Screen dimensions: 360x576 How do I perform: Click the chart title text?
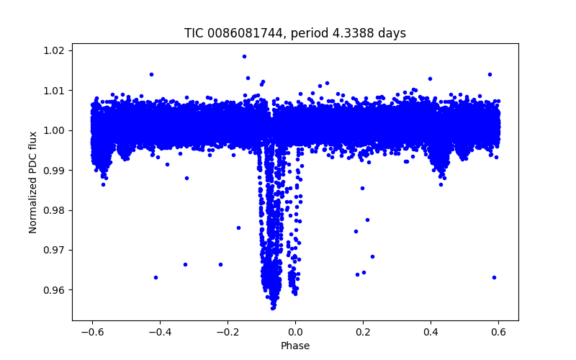(295, 33)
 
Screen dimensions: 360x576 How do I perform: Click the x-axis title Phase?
(295, 346)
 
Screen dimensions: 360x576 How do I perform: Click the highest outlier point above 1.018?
(244, 56)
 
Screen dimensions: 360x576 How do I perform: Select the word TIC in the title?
(194, 33)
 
